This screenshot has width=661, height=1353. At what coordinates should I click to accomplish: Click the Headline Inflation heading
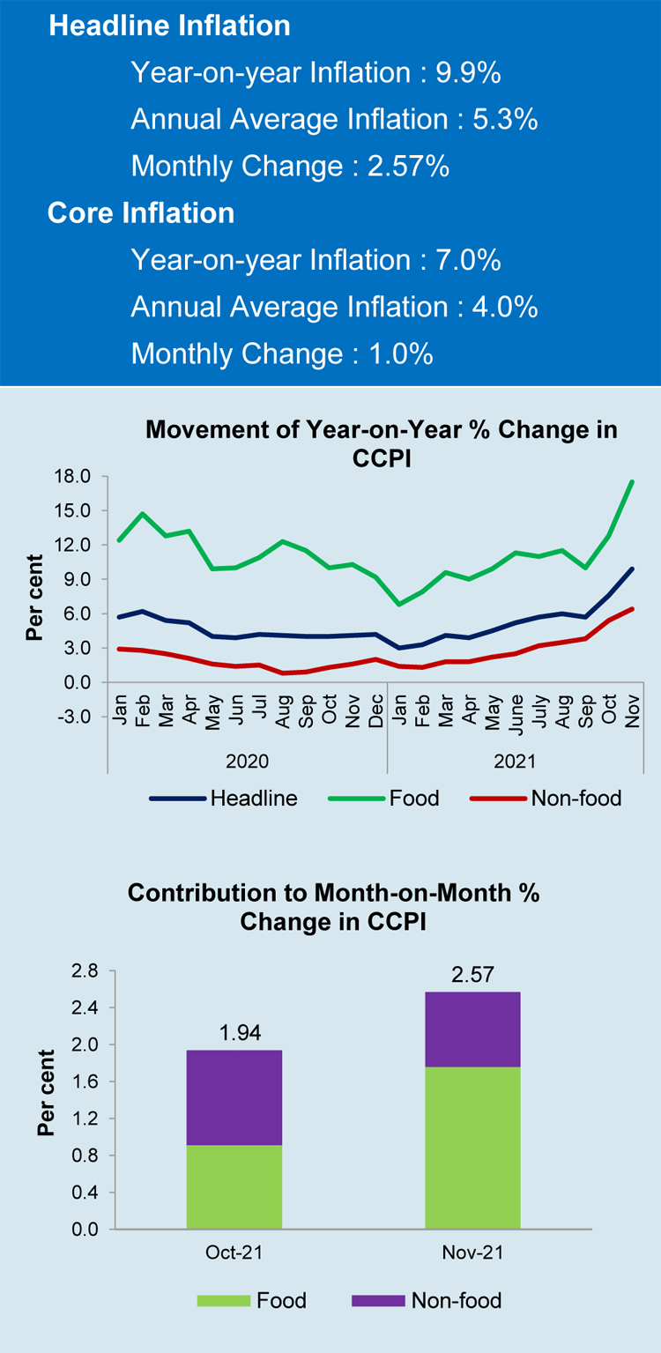(169, 26)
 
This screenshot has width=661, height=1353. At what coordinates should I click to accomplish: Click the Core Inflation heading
(141, 213)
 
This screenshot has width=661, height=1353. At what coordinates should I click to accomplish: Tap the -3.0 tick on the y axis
(74, 717)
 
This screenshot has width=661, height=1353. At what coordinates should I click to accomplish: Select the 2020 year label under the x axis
(248, 760)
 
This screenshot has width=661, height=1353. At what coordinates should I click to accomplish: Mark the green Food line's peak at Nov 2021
(632, 482)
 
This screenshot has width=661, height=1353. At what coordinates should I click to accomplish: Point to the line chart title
(381, 443)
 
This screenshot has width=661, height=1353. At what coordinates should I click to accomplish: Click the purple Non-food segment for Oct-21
(234, 1097)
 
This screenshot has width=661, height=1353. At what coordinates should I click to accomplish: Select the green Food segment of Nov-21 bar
(472, 1148)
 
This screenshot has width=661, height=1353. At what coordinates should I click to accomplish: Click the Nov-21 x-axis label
(472, 1253)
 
